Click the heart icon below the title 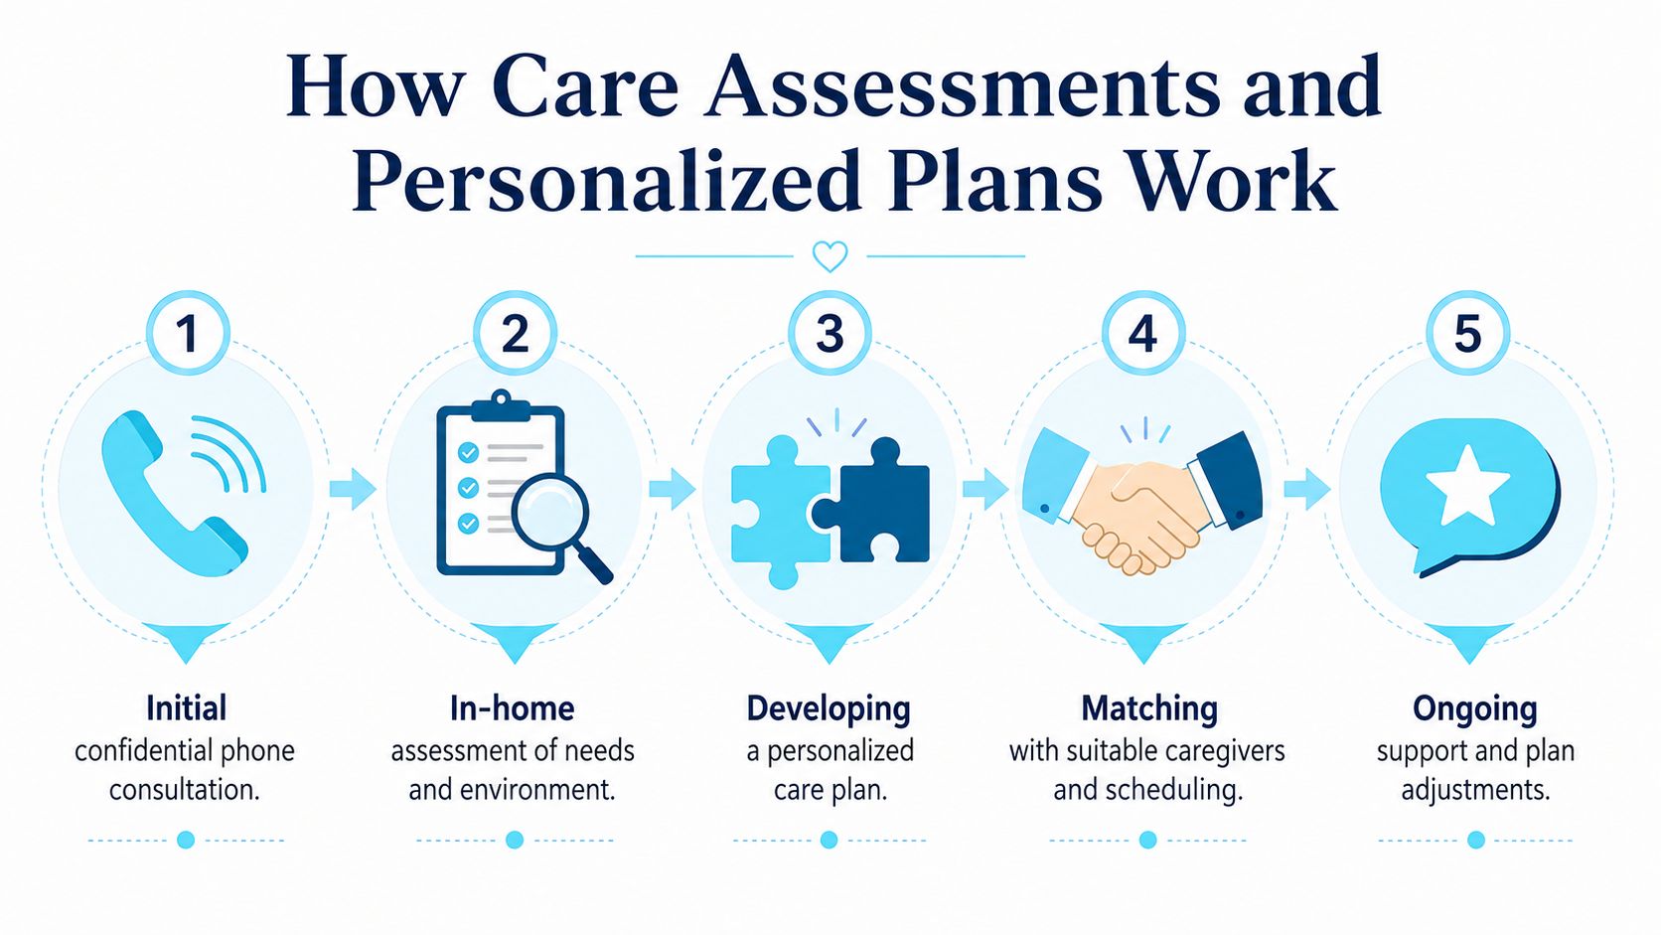830,256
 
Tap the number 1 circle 189,333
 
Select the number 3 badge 830,333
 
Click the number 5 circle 1468,333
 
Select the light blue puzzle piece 779,512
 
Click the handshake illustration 1142,501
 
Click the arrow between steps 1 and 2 353,489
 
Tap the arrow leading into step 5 1307,489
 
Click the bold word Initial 186,708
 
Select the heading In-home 513,708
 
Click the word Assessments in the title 961,89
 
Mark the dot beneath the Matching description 1147,840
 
